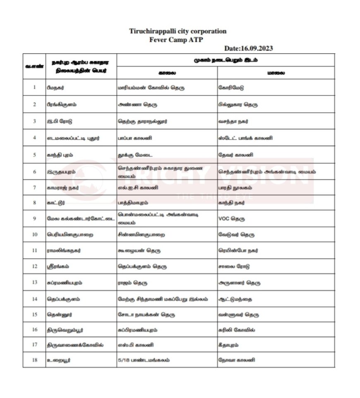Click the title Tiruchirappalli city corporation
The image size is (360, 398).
click(178, 31)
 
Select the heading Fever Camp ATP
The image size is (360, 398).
click(178, 39)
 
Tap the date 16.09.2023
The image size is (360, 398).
click(248, 48)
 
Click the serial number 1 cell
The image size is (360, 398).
click(34, 88)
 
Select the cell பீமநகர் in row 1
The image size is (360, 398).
click(55, 88)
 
